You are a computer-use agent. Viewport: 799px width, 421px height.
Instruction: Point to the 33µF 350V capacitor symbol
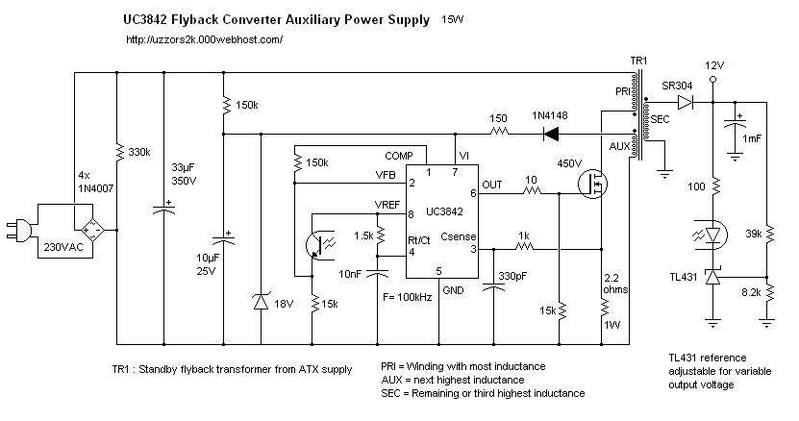tap(163, 208)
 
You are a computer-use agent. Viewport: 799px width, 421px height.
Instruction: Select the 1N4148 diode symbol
tap(551, 133)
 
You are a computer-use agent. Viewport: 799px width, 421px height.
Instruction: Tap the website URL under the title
tap(204, 39)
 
